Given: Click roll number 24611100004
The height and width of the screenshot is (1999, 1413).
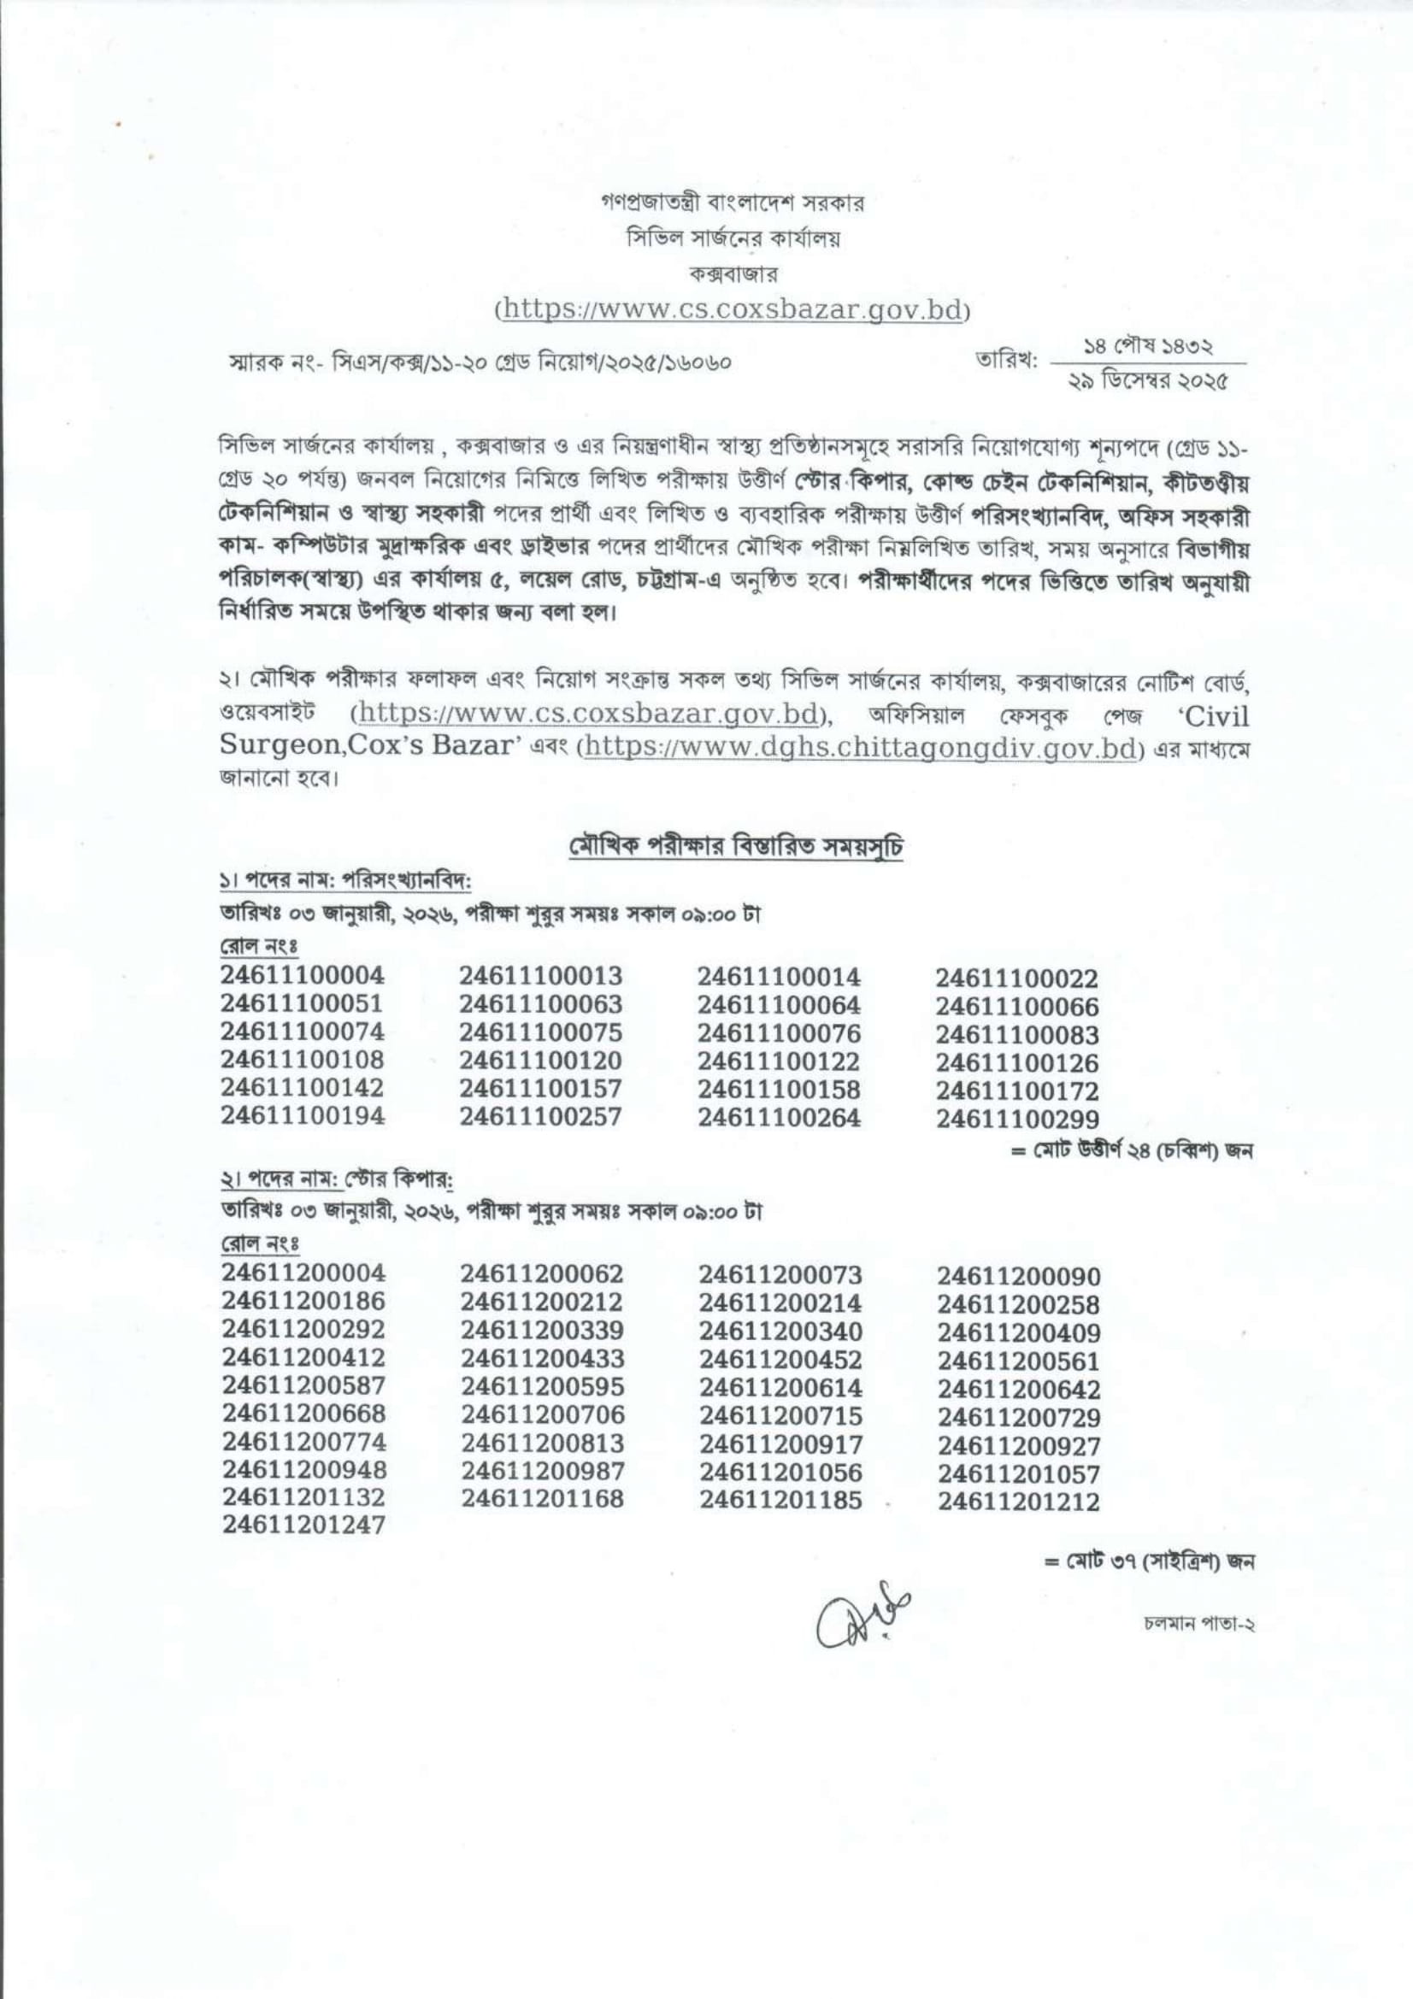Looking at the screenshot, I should (302, 975).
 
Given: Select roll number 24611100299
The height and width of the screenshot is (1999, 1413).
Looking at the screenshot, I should (1018, 1119).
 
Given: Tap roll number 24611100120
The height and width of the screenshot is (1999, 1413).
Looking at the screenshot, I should (540, 1061).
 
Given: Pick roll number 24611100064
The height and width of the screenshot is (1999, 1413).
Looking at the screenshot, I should (780, 1005).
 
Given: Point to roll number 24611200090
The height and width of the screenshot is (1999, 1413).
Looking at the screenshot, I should (1019, 1276).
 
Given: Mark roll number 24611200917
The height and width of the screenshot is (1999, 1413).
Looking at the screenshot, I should (780, 1444).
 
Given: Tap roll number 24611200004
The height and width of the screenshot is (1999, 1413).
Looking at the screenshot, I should (303, 1273).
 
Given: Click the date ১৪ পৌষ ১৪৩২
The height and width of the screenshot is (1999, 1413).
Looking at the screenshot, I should (1148, 347).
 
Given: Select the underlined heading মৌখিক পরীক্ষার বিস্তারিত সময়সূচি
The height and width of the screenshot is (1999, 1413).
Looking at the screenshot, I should (736, 848).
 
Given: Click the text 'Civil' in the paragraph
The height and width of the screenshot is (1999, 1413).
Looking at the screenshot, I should (1213, 716).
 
